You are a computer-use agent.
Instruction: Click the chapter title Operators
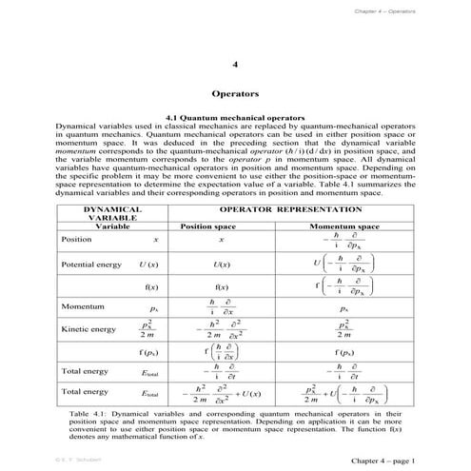[234, 95]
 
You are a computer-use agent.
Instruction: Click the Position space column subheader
[221, 227]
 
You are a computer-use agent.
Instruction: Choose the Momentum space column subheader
[343, 227]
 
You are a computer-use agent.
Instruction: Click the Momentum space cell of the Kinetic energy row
[343, 329]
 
